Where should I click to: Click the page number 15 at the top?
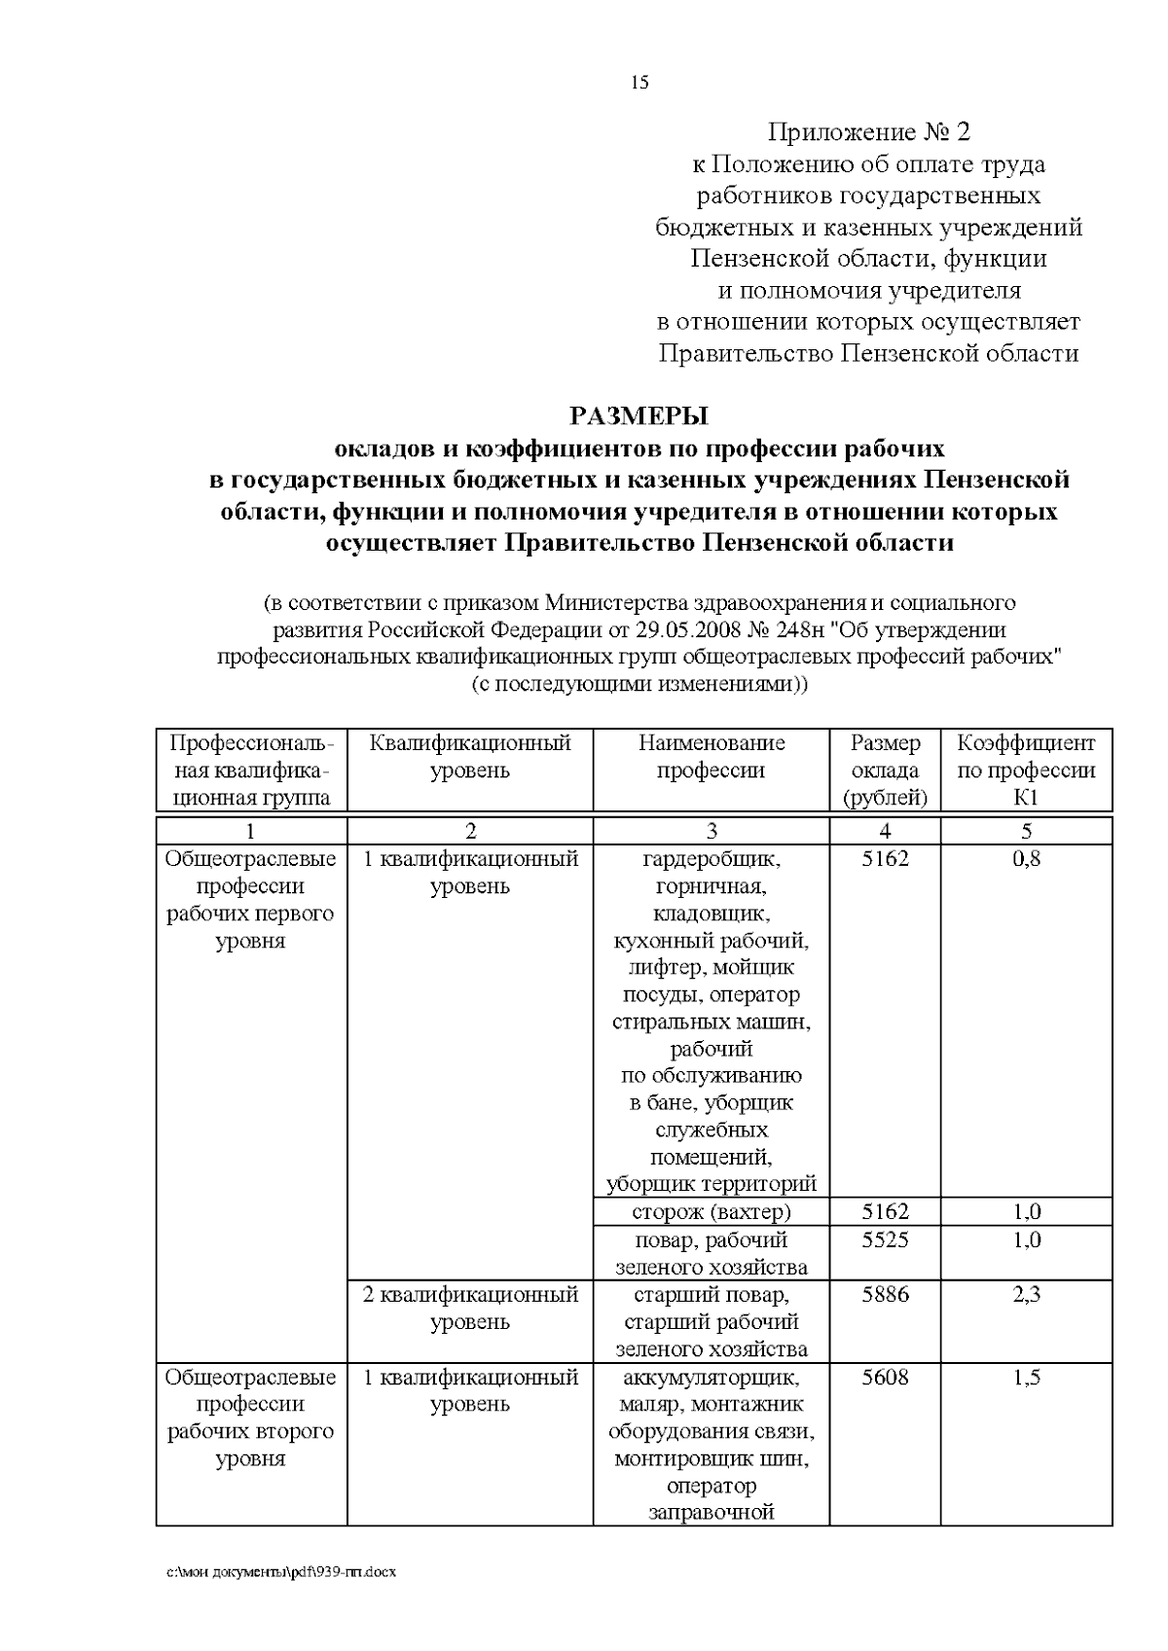pos(639,83)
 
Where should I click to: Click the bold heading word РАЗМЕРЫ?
pos(639,416)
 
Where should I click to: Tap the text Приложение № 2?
pos(869,132)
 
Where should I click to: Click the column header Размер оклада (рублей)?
pos(885,771)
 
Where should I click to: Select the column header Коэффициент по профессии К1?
pos(1026,771)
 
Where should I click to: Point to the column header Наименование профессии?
pos(712,757)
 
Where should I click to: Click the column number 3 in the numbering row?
pos(712,831)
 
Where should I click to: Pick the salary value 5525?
pos(885,1240)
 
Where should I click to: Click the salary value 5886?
pos(885,1295)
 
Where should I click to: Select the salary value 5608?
pos(885,1378)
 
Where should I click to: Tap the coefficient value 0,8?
pos(1026,859)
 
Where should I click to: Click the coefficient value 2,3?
pos(1026,1295)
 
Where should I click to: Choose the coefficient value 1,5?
pos(1026,1378)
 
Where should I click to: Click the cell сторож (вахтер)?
pos(712,1212)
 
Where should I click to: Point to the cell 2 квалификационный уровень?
pos(470,1309)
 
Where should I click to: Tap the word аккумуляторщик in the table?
pos(712,1378)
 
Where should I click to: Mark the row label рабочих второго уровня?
pos(250,1446)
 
